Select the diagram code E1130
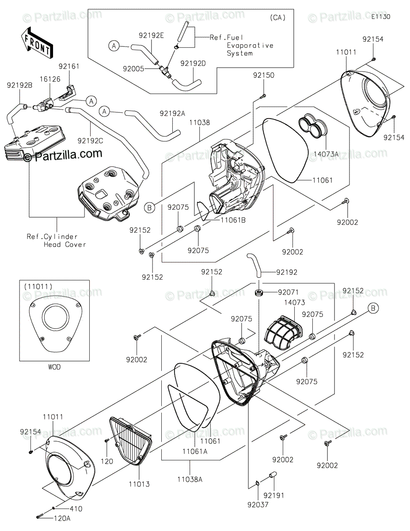coord(380,17)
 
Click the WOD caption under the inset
coord(54,367)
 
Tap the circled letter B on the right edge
coord(373,309)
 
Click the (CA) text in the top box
coord(277,18)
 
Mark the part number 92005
coord(134,69)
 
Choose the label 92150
coord(263,75)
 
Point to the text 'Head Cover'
coord(65,245)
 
